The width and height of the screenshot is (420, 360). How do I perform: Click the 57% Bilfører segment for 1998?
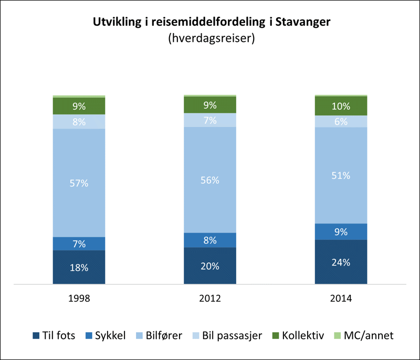pos(79,183)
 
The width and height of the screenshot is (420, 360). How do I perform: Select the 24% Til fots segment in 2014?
pos(340,262)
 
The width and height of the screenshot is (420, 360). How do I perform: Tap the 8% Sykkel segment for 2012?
pos(209,240)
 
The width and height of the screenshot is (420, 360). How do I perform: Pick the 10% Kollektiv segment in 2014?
pos(340,106)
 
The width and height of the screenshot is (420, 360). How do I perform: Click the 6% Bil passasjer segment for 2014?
pos(340,121)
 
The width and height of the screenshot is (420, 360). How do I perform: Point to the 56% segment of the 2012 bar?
pos(209,179)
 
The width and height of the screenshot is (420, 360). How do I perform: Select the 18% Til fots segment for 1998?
pos(79,267)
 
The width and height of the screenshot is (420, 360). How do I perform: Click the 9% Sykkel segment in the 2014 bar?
pos(340,231)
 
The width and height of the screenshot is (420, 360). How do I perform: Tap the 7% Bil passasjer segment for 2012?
pos(209,120)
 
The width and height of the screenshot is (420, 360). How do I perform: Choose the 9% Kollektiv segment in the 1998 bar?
pos(79,106)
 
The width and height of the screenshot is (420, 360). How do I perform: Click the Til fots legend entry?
pos(56,335)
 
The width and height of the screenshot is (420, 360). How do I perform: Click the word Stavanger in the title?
pos(302,22)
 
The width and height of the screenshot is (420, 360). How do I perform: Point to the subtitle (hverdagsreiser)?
pos(210,38)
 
